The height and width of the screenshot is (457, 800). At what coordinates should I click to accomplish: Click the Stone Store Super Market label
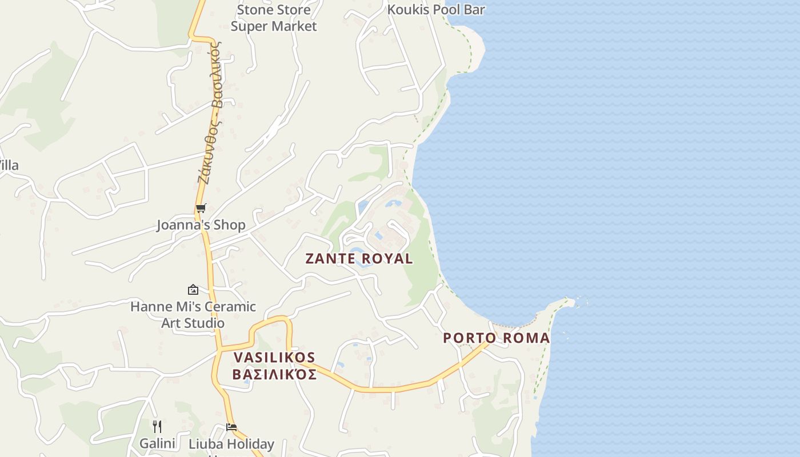pyautogui.click(x=274, y=18)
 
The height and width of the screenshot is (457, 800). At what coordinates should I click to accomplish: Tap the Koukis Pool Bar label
pyautogui.click(x=436, y=10)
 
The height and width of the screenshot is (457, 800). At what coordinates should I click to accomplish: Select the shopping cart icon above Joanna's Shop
pyautogui.click(x=201, y=209)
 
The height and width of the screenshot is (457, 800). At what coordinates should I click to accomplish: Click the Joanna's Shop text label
pyautogui.click(x=201, y=225)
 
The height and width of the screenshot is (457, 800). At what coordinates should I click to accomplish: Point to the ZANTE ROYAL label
pyautogui.click(x=359, y=259)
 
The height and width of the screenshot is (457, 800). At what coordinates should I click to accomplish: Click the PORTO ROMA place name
pyautogui.click(x=496, y=338)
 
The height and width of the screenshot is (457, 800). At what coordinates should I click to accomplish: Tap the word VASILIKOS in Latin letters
pyautogui.click(x=274, y=358)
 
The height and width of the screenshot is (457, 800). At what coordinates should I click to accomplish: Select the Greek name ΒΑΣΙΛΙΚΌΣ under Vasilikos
pyautogui.click(x=274, y=375)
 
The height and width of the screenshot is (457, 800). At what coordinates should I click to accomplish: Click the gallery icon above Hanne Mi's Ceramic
pyautogui.click(x=193, y=290)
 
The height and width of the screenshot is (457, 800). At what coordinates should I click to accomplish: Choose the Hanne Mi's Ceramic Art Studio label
pyautogui.click(x=193, y=315)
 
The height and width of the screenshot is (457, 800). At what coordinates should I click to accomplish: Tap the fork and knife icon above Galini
pyautogui.click(x=157, y=426)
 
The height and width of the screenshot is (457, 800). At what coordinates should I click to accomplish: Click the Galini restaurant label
pyautogui.click(x=157, y=443)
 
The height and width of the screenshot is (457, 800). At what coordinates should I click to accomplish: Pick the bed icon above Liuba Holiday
pyautogui.click(x=231, y=427)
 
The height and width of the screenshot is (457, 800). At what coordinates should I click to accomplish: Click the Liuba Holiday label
pyautogui.click(x=231, y=444)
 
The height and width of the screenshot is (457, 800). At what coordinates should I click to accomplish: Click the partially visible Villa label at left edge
pyautogui.click(x=9, y=166)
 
